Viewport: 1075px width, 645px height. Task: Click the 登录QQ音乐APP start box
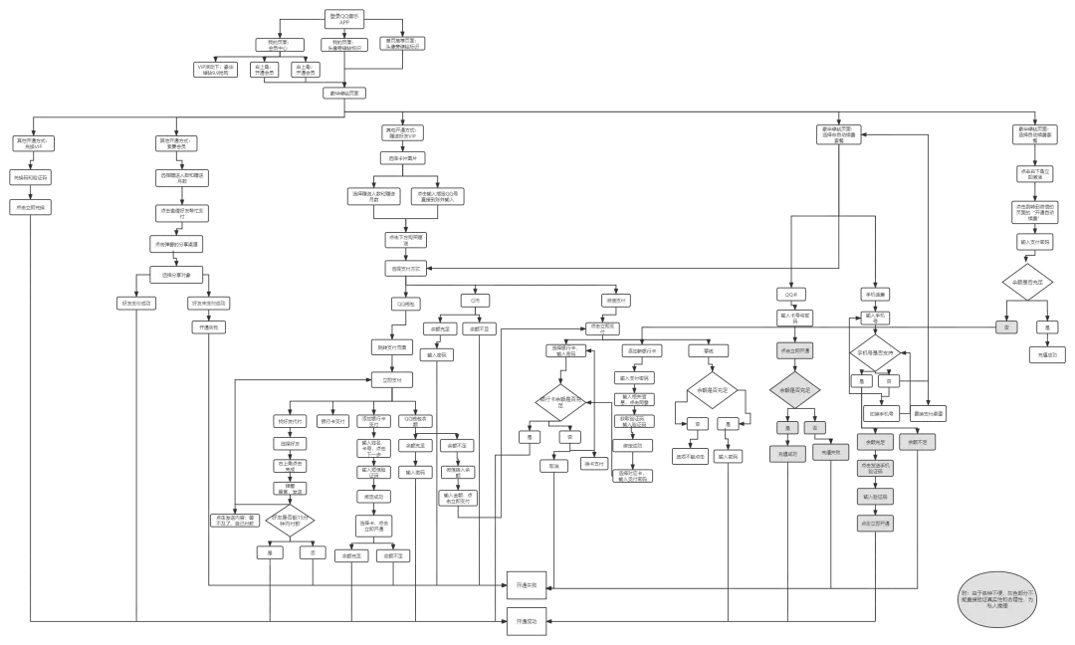[x=341, y=18]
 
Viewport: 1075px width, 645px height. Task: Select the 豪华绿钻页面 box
[x=341, y=93]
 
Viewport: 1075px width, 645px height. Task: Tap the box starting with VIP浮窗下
[x=217, y=71]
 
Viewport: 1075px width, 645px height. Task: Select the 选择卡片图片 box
[x=404, y=158]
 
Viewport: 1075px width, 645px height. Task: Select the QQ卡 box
[x=792, y=295]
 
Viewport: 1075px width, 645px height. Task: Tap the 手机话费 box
[x=875, y=295]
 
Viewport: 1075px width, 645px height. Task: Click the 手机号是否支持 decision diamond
[x=874, y=353]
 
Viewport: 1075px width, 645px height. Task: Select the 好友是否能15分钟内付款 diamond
[x=291, y=520]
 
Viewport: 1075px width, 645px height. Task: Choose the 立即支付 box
[x=391, y=380]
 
